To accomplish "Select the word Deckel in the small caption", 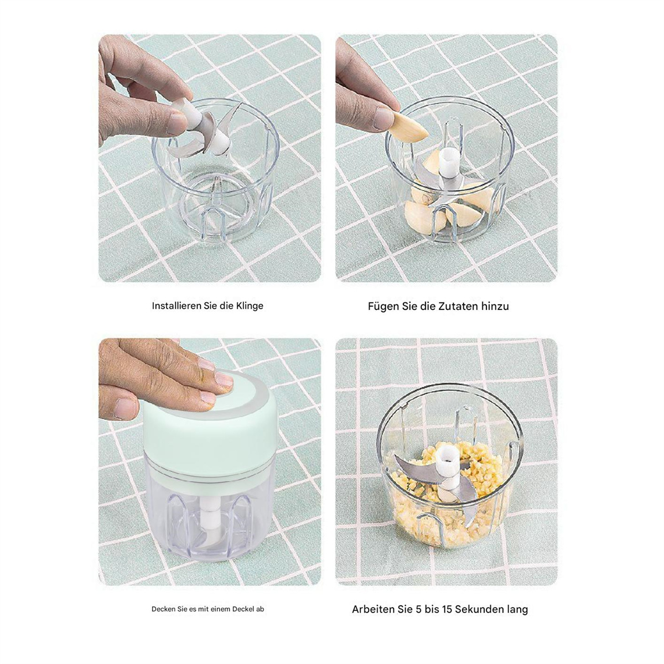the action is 243,609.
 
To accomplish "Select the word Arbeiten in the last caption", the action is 373,609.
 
